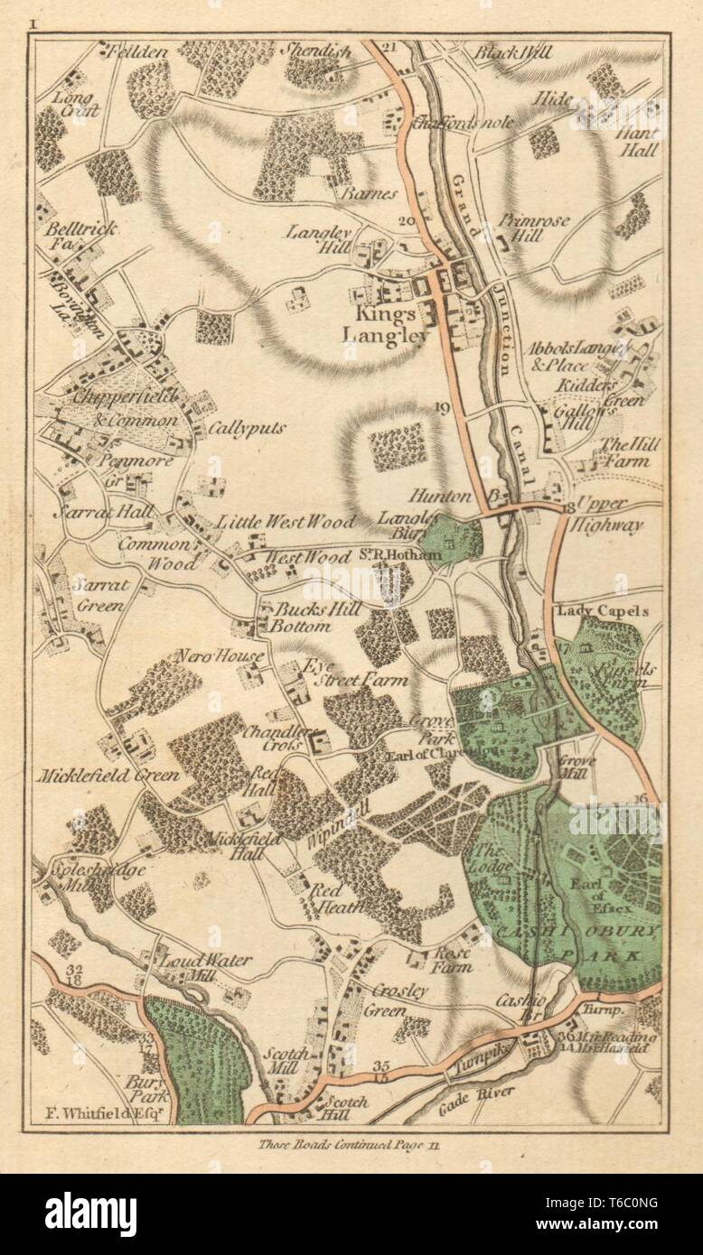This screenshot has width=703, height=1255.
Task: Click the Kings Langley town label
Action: [x=385, y=325]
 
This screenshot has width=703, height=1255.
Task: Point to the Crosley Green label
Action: [x=399, y=999]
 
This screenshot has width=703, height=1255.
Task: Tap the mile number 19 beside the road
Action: [x=442, y=407]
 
